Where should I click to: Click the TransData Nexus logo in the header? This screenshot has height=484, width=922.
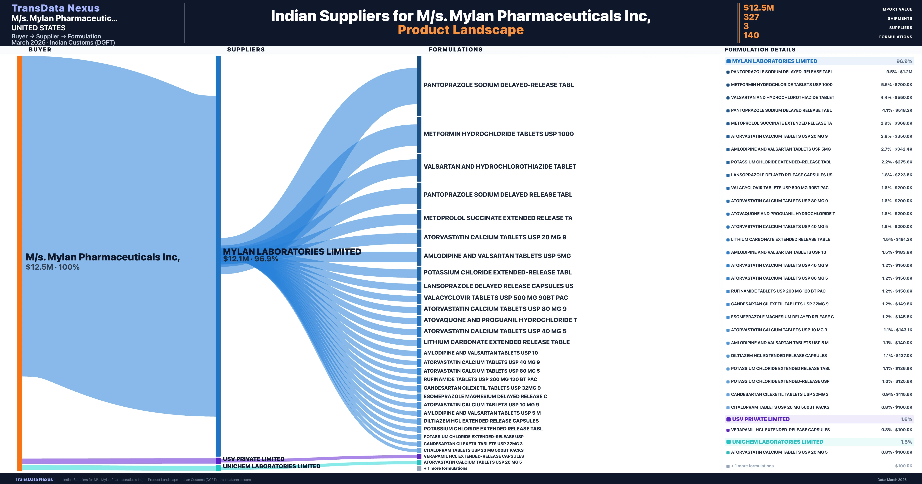tap(56, 8)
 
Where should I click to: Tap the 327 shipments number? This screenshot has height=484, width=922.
tap(751, 17)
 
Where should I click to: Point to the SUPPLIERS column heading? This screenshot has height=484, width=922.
tap(246, 49)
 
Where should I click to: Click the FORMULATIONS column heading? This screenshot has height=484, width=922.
tap(455, 49)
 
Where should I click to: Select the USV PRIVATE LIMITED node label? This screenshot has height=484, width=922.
tap(253, 459)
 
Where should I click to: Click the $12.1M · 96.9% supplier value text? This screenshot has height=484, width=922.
tap(250, 259)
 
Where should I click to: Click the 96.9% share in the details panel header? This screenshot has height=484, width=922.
tap(904, 61)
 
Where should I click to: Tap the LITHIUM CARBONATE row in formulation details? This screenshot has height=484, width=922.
tap(780, 240)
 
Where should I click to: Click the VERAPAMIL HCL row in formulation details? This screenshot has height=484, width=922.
tap(780, 430)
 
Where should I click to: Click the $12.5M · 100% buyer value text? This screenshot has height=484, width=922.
tap(53, 267)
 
